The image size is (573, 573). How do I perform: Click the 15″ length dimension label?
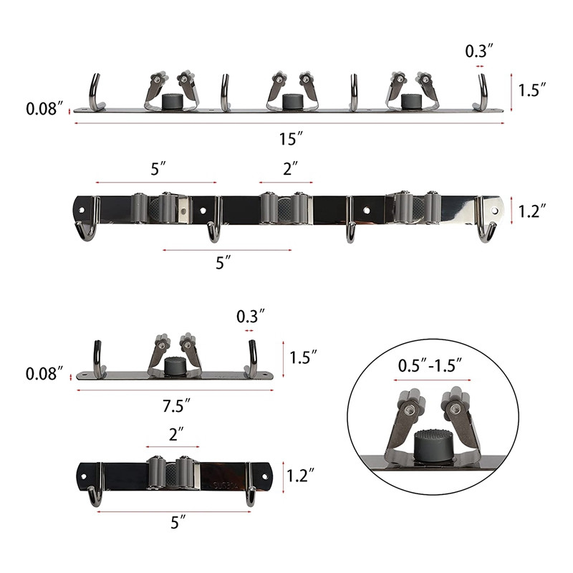click(292, 139)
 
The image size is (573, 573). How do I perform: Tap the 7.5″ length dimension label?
click(176, 406)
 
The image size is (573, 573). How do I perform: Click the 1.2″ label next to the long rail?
click(532, 211)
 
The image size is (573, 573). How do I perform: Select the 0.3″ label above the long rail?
click(479, 51)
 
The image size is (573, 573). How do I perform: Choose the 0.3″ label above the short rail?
click(250, 317)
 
